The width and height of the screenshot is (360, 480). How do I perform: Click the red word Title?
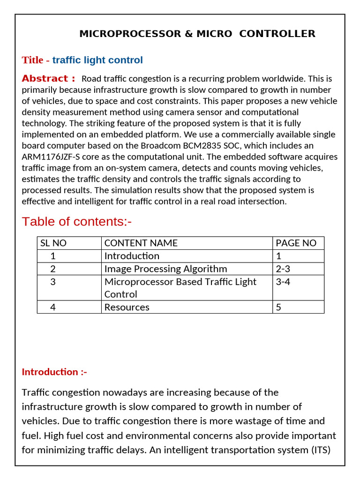[32, 60]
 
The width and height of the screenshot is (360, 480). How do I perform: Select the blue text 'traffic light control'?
[97, 60]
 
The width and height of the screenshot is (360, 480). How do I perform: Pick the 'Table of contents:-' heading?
[76, 221]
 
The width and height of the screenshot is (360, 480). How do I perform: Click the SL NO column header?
[53, 243]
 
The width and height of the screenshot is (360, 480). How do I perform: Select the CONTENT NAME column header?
[141, 243]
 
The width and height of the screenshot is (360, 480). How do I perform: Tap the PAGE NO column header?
[296, 243]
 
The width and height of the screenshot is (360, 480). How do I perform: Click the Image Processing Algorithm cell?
[165, 269]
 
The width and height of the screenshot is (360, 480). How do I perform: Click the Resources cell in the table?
[127, 307]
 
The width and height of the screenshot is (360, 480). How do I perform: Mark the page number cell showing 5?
[278, 307]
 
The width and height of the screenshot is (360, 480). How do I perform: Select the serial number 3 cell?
[53, 282]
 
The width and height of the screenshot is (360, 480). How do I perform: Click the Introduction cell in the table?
[132, 256]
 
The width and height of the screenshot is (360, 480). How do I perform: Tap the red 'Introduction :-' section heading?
[54, 372]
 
